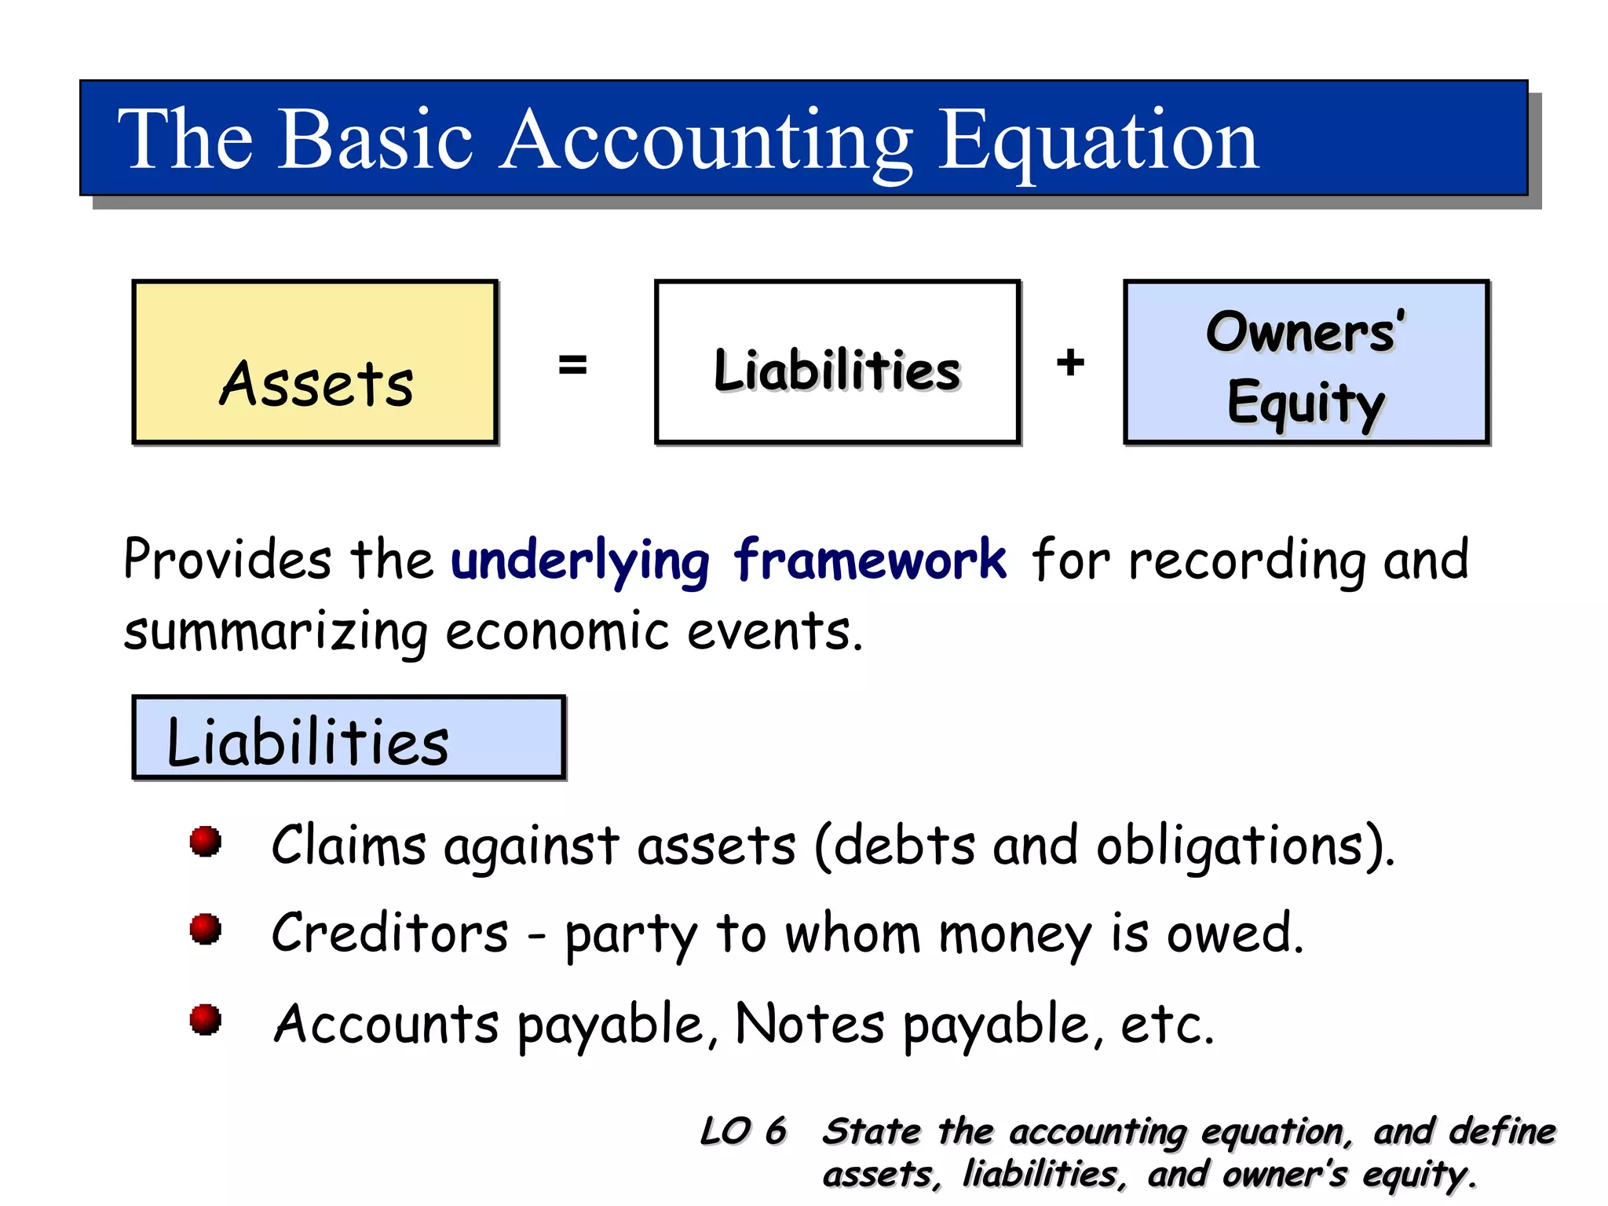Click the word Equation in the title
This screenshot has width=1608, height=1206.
[x=1099, y=141]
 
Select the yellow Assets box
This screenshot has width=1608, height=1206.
[x=316, y=363]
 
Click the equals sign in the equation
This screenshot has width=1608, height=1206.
[x=572, y=364]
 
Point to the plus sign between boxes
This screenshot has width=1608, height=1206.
[x=1070, y=363]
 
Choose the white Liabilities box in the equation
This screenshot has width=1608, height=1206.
[x=837, y=363]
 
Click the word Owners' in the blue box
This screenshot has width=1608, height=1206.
[x=1305, y=331]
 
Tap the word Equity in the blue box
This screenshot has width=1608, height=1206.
[x=1305, y=402]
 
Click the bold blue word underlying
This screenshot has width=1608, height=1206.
[x=580, y=561]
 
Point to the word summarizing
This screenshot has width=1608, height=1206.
[x=276, y=632]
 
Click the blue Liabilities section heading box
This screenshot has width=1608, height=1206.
[x=349, y=738]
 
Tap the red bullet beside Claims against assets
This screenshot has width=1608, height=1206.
[x=206, y=842]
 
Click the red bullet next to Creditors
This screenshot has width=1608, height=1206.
[x=206, y=930]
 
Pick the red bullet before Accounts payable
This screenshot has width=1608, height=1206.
[x=206, y=1020]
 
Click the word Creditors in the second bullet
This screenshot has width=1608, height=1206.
[x=390, y=933]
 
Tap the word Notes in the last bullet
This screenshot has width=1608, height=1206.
[x=809, y=1024]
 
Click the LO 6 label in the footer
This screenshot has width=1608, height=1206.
[x=743, y=1131]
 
